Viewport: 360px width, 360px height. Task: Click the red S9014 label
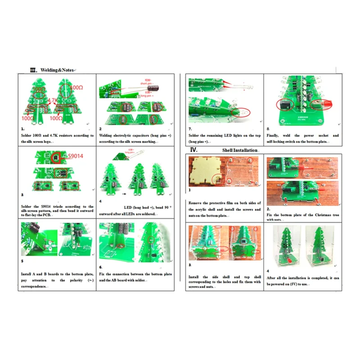[x=75, y=156]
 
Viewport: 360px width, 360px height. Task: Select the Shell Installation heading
[x=240, y=150]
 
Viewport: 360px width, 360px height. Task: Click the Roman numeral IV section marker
[x=193, y=150]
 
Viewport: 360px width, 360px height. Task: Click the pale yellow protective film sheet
[x=205, y=171]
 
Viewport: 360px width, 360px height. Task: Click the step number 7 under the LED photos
[x=190, y=129]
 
